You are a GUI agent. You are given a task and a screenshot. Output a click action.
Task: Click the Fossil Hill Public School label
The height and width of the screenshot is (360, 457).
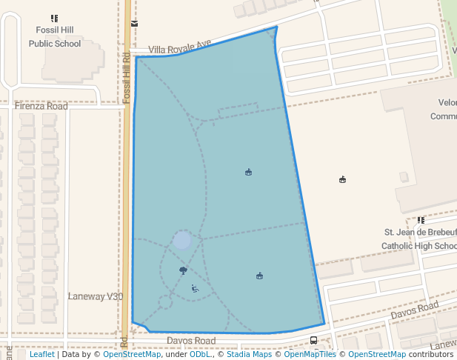(54, 36)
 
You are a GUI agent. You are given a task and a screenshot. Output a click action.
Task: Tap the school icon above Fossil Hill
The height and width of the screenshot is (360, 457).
(54, 18)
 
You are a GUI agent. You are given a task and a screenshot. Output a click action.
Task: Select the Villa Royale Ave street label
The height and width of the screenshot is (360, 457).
(180, 50)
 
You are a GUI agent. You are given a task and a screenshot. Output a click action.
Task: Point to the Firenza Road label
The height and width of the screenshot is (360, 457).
(41, 107)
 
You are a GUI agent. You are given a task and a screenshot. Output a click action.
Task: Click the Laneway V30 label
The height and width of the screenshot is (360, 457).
(96, 296)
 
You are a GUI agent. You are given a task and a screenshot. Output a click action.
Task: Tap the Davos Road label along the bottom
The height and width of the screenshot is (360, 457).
(190, 341)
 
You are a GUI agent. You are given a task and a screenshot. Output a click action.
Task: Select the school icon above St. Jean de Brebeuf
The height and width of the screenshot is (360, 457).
(421, 220)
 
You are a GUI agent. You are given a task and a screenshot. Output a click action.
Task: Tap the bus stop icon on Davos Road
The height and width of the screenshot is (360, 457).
(314, 341)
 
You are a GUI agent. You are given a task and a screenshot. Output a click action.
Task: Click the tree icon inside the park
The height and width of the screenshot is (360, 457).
(183, 270)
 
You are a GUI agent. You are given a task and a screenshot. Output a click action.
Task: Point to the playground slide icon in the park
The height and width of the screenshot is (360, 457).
(195, 289)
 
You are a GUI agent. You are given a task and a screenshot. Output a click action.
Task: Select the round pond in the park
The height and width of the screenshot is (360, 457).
(182, 240)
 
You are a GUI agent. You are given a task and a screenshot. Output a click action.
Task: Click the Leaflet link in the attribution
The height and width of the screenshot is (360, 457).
(41, 354)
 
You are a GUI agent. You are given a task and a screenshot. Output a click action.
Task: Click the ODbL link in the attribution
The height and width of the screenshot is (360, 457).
(200, 354)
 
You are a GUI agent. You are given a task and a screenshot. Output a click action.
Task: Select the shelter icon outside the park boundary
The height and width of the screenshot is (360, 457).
(342, 179)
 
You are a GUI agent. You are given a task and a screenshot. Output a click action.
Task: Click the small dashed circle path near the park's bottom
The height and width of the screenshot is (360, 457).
(165, 301)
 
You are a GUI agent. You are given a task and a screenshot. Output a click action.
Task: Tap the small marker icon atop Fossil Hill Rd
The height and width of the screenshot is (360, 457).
(134, 23)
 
